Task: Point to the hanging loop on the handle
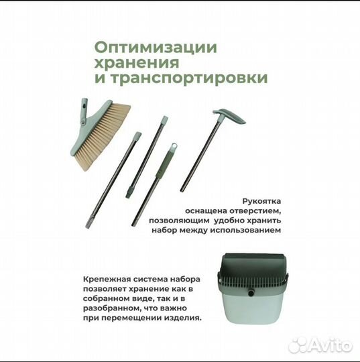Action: click(x=172, y=147)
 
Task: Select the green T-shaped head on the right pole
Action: click(x=228, y=117)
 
